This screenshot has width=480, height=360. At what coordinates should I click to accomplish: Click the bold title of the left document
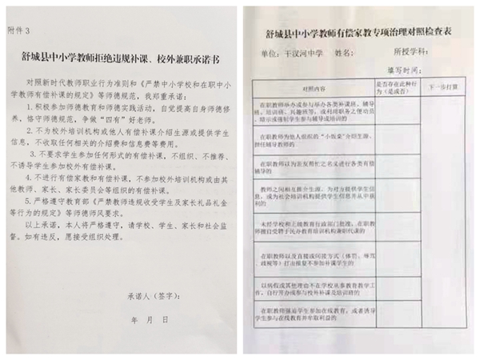(x=120, y=56)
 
